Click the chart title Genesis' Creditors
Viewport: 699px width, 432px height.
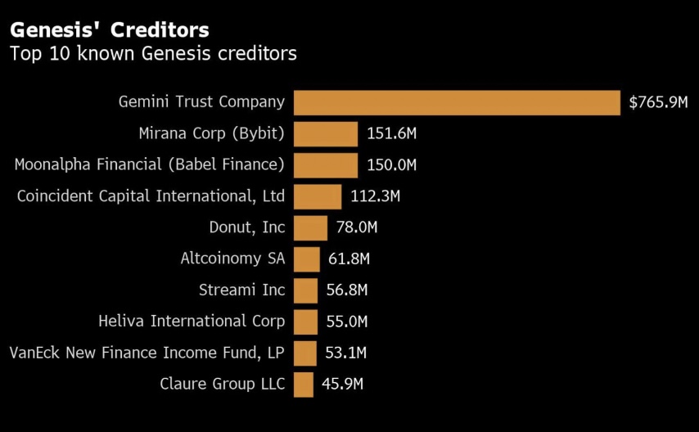109,30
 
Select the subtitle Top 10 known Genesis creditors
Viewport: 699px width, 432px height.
152,55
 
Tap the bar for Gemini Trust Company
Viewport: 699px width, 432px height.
457,102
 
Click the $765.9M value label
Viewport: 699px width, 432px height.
658,102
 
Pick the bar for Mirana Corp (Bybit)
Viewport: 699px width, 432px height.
326,134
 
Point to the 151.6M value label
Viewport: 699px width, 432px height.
392,134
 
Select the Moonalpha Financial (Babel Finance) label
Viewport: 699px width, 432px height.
150,164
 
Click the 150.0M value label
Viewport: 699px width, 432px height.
392,165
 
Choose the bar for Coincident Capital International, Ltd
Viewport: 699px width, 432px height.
318,196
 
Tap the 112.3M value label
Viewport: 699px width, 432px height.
375,196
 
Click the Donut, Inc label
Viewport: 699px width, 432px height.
246,227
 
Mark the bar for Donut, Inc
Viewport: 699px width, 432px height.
310,227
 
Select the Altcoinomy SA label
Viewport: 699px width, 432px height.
232,259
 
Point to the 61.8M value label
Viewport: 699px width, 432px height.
349,259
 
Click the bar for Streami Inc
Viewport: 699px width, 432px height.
305,290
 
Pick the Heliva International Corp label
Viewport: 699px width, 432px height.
192,321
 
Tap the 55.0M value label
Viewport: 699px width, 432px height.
347,322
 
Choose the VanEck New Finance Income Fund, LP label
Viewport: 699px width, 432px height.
147,353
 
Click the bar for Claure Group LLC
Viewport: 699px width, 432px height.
304,384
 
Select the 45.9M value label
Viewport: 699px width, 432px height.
343,384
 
